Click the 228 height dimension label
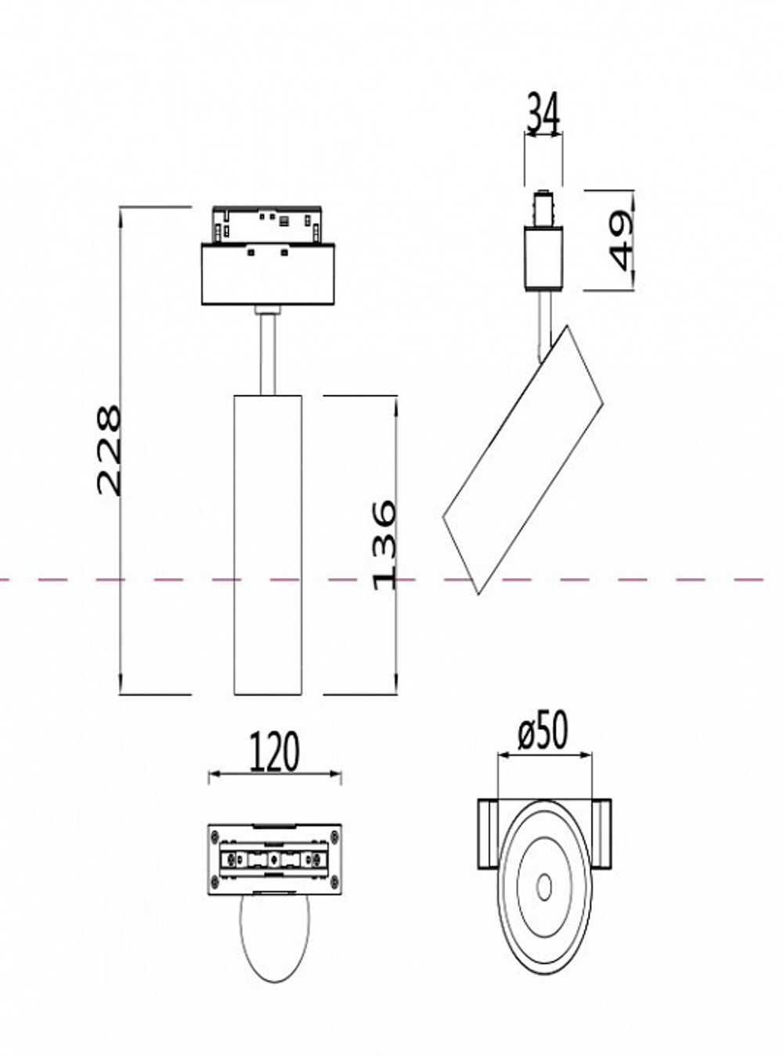coord(110,450)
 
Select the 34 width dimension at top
coord(543,114)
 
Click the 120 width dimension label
coord(274,752)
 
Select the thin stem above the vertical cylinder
coord(268,353)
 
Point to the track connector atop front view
coord(266,225)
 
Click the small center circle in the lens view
coord(543,887)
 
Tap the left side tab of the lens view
coord(485,834)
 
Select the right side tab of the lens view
coord(603,834)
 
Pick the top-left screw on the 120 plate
coord(214,836)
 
